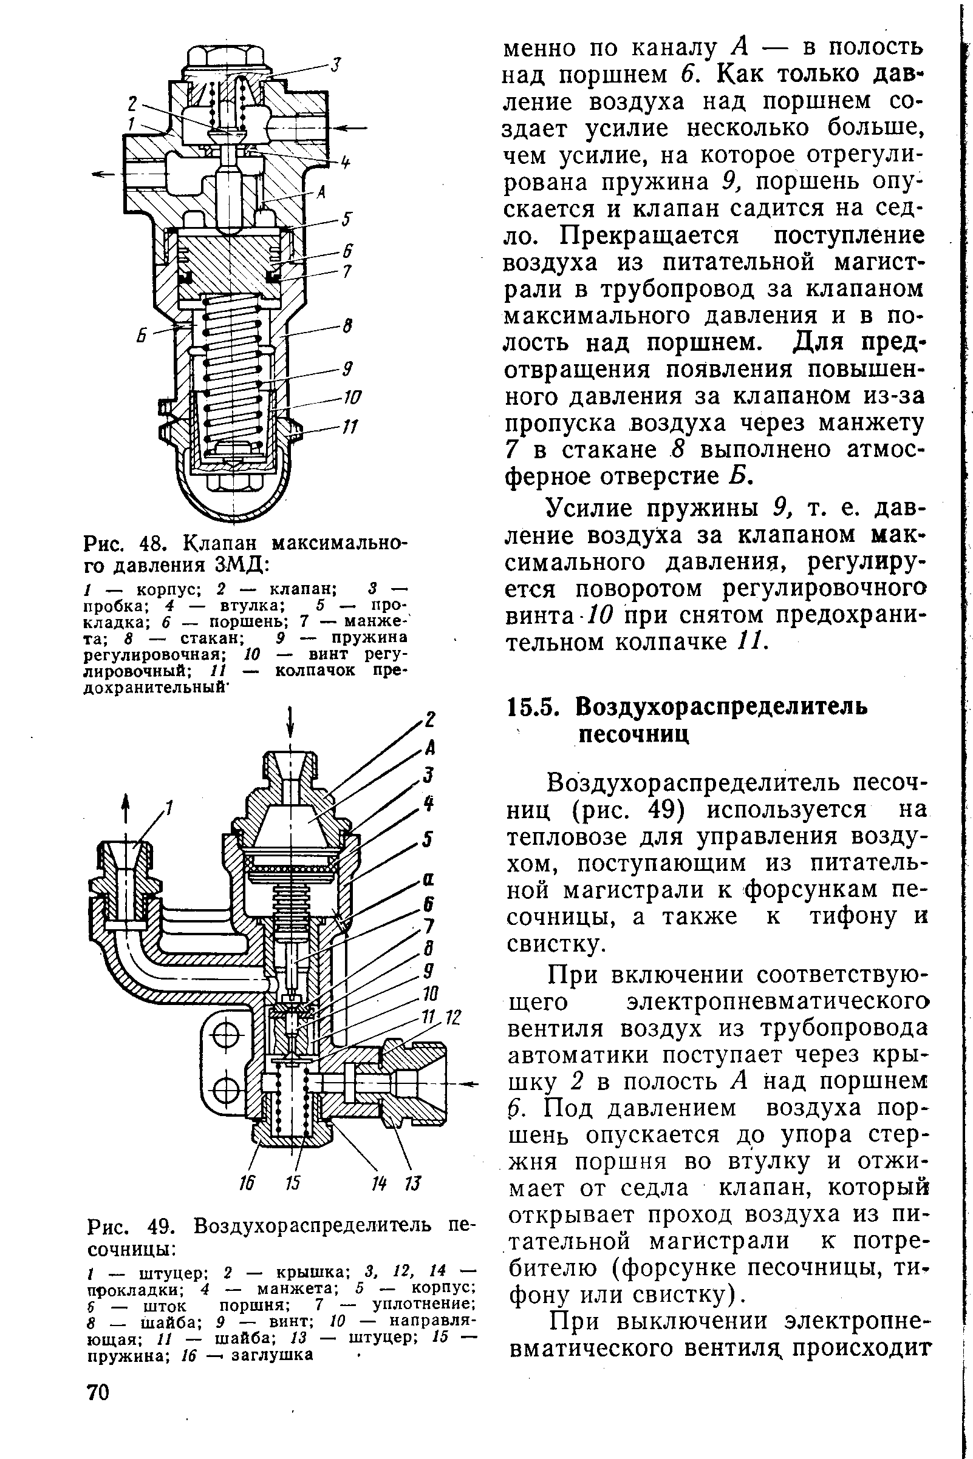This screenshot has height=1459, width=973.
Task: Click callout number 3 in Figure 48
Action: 336,64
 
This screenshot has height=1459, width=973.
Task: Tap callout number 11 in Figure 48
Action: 351,427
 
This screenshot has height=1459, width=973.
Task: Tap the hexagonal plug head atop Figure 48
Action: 227,56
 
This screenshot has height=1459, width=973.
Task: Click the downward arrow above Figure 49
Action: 290,722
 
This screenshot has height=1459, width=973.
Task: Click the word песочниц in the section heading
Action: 634,735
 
